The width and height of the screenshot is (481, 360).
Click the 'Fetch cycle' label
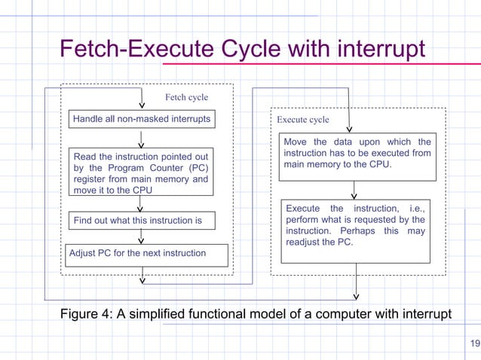[x=186, y=97]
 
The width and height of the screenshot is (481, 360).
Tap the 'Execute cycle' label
[x=302, y=120]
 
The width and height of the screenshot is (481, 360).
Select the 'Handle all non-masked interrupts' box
[x=141, y=119]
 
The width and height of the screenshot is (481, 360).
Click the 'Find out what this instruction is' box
[x=141, y=220]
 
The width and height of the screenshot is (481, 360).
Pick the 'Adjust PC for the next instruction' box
[x=146, y=255]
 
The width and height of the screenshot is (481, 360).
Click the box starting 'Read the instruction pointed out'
[x=141, y=172]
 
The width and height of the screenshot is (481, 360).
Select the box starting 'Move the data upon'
[x=357, y=157]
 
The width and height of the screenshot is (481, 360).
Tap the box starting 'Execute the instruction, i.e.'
[x=355, y=230]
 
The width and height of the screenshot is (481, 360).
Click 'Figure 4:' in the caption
[x=85, y=313]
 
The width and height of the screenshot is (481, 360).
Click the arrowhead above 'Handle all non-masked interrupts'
[x=142, y=105]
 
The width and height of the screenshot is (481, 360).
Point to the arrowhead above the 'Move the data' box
[x=349, y=130]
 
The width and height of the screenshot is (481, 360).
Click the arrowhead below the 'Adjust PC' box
[x=142, y=281]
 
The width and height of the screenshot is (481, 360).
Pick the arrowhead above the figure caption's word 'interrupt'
[x=357, y=296]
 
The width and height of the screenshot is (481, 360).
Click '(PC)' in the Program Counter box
[x=197, y=167]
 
